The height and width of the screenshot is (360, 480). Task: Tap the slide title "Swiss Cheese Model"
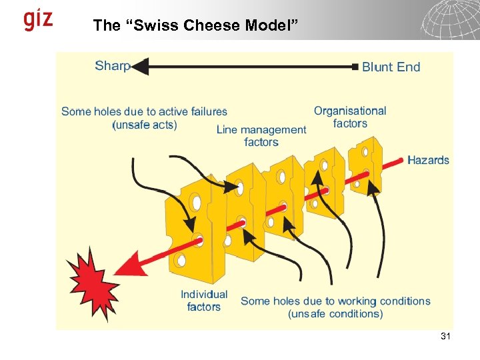pyautogui.click(x=197, y=25)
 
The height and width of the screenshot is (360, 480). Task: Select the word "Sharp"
pyautogui.click(x=111, y=65)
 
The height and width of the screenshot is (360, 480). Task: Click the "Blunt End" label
pyautogui.click(x=391, y=67)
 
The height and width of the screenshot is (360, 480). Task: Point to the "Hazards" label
pyautogui.click(x=428, y=160)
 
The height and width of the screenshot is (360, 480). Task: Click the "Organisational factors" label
pyautogui.click(x=350, y=117)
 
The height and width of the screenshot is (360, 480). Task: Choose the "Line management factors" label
pyautogui.click(x=261, y=135)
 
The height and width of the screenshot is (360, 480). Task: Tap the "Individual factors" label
pyautogui.click(x=204, y=301)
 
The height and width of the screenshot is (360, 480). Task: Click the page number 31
pyautogui.click(x=445, y=337)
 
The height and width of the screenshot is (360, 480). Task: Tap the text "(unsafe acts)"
pyautogui.click(x=145, y=125)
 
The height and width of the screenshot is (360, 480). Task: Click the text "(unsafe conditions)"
pyautogui.click(x=335, y=314)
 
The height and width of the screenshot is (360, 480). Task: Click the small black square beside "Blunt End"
pyautogui.click(x=355, y=67)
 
